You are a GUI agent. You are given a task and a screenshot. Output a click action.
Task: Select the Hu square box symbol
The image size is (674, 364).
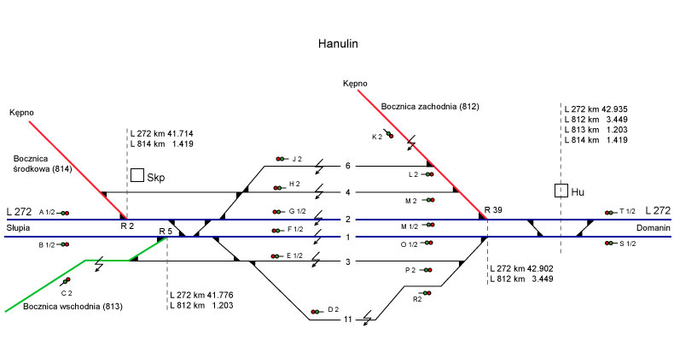561,191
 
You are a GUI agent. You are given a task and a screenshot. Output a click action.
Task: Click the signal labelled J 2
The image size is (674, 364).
281,159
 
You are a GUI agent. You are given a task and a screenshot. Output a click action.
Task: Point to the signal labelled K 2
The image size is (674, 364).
388,133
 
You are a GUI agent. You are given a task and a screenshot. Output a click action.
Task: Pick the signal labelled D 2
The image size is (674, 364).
317,311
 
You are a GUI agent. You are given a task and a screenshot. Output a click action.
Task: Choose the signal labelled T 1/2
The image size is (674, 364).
609,212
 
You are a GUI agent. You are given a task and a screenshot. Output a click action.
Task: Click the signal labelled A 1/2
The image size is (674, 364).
65,213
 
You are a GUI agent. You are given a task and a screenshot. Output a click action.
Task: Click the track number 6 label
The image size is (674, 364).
348,166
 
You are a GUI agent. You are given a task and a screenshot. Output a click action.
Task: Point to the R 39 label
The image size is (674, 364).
494,210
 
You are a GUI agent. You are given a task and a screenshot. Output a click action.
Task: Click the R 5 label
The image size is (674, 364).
166,231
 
